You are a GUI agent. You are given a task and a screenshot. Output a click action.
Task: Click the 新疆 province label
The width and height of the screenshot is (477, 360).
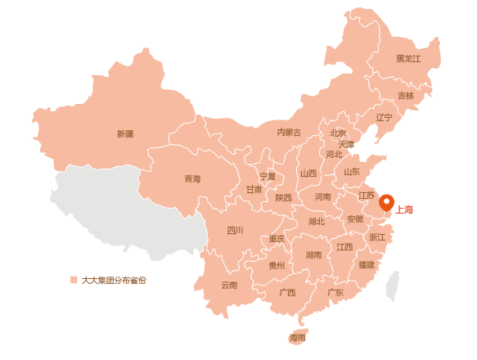click(125, 133)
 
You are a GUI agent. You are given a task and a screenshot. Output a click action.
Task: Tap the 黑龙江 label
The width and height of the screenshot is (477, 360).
click(408, 59)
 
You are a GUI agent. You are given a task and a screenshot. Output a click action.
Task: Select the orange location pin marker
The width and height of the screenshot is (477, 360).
click(386, 202)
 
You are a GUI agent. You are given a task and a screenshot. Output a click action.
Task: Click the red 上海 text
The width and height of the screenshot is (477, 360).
click(404, 209)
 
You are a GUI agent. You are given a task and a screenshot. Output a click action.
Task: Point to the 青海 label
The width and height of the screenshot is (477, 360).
click(192, 178)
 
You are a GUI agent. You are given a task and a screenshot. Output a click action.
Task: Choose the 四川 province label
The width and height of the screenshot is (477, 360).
click(235, 230)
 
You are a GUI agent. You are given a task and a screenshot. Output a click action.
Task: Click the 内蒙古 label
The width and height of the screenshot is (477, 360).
click(289, 133)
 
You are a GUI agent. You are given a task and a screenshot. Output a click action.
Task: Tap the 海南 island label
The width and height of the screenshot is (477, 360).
click(297, 337)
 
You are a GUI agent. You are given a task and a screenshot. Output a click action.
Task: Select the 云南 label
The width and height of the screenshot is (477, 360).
click(229, 285)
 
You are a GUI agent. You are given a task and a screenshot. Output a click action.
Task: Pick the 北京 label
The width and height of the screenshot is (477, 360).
click(338, 133)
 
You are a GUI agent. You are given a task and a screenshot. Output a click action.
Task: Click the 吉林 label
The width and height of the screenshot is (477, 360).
click(406, 96)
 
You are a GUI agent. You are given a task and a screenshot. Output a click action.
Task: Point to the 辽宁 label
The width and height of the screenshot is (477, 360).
click(384, 117)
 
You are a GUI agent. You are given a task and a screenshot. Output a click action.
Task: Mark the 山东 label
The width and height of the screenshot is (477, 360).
click(351, 172)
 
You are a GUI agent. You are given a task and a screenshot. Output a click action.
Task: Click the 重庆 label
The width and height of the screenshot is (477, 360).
click(277, 239)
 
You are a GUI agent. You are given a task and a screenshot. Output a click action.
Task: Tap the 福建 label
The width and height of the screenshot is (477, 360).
click(366, 264)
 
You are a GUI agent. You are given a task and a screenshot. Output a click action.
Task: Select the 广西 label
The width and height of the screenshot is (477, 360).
click(287, 292)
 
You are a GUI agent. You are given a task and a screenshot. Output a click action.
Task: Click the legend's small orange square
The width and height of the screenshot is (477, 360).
click(74, 280)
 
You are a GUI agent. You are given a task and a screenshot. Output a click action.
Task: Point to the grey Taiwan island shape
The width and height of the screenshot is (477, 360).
click(393, 286)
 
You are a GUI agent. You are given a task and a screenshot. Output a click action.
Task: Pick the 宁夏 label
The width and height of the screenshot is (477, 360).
click(268, 176)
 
